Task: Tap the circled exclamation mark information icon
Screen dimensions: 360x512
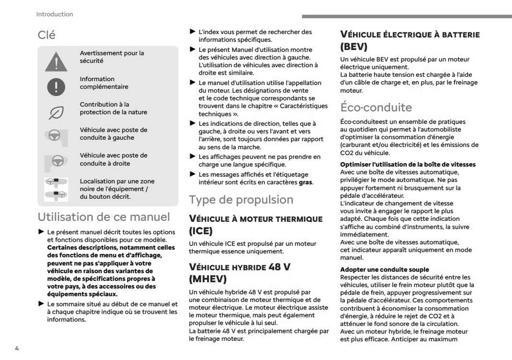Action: click(56, 87)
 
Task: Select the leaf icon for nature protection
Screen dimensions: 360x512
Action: click(56, 113)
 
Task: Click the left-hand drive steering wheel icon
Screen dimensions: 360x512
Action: click(56, 136)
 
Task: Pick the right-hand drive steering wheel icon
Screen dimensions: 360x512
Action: click(56, 161)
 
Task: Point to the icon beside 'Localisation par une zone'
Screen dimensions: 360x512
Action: click(56, 188)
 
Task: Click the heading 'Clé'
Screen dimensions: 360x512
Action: click(46, 35)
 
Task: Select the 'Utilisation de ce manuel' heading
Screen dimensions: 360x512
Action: click(104, 217)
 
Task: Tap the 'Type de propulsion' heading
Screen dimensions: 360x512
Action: click(241, 199)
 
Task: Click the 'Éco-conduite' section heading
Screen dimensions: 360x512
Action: click(376, 107)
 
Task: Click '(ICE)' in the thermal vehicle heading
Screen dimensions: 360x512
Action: click(201, 231)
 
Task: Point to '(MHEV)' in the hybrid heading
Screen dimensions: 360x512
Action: click(208, 278)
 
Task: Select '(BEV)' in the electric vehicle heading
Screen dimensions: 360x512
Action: click(354, 46)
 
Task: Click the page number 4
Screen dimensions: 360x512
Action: click(17, 348)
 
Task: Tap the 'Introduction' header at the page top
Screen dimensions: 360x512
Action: click(54, 14)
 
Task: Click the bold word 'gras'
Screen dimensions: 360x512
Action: click(305, 182)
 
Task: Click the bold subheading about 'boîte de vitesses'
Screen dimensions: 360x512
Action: click(407, 164)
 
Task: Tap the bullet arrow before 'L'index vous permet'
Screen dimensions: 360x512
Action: click(193, 32)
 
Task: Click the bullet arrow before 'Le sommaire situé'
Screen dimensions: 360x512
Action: click(41, 304)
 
